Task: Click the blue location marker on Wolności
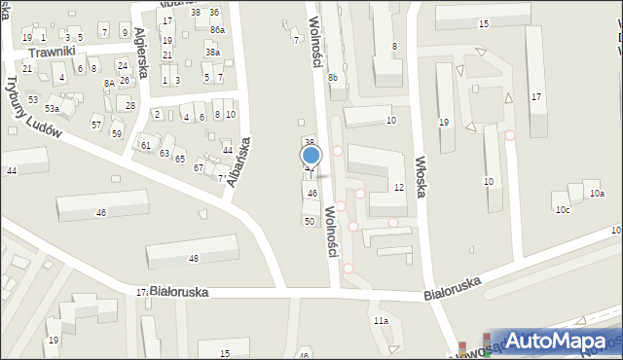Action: (x=311, y=155)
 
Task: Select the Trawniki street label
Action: (x=53, y=53)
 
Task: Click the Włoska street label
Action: (x=421, y=174)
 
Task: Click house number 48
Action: (x=193, y=258)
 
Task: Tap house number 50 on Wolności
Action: (x=310, y=222)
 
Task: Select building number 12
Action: (x=399, y=187)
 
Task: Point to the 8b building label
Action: (x=333, y=77)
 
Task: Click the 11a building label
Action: (x=381, y=320)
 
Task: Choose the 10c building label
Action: (x=562, y=209)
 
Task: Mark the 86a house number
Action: (x=217, y=31)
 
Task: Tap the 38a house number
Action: (x=212, y=52)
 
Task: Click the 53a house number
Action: (x=51, y=108)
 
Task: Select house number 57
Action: (x=96, y=125)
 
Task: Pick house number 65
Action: (x=180, y=158)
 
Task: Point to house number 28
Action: (x=130, y=105)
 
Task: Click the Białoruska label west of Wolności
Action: (x=181, y=292)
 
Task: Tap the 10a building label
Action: (x=597, y=194)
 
